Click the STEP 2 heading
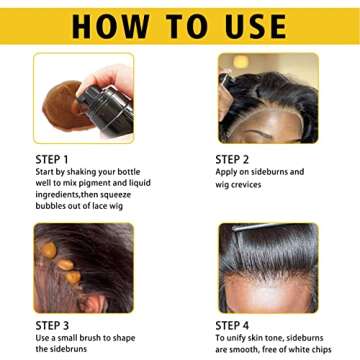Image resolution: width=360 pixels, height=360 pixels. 236,158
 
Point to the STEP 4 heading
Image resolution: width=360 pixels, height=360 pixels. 236,325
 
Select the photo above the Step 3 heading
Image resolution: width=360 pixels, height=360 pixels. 84,267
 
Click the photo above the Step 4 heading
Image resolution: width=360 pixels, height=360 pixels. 268,267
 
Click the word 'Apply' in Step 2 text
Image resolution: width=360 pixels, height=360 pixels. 228,172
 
